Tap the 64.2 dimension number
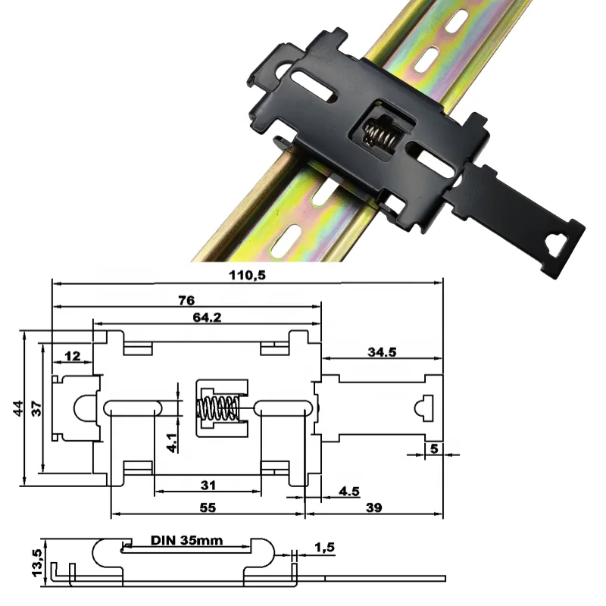click(206, 318)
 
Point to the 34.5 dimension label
click(381, 351)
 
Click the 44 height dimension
click(16, 408)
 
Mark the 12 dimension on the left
click(72, 355)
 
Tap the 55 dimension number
click(207, 508)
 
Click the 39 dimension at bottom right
click(373, 508)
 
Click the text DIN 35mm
click(186, 541)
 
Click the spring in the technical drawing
click(218, 409)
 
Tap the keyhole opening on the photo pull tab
click(556, 242)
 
